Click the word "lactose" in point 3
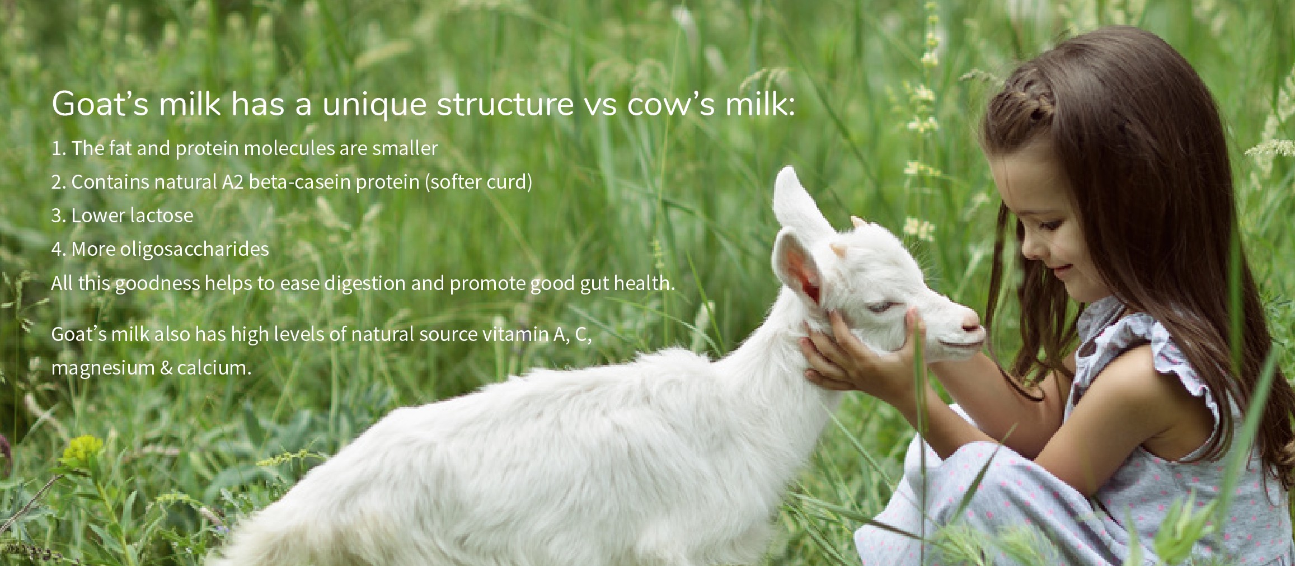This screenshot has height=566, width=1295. tap(162, 216)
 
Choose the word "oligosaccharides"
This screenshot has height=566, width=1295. tap(194, 249)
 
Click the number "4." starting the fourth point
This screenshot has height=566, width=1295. tap(59, 249)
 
